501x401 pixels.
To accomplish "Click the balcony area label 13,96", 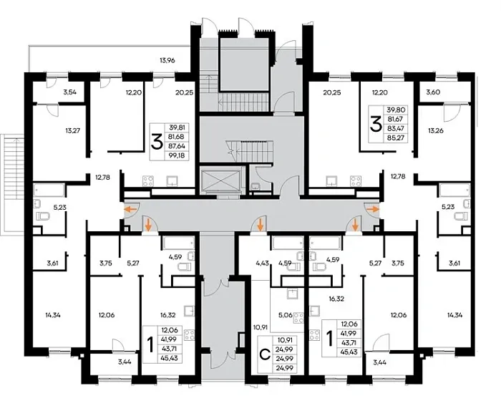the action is click(x=167, y=60).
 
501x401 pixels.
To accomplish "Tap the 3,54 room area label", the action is click(x=69, y=93).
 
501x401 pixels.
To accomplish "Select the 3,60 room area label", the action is click(x=433, y=92).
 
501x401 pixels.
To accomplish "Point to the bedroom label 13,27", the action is click(x=72, y=130).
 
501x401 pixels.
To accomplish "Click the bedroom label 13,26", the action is click(x=435, y=130).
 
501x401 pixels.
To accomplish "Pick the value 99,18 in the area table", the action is click(x=177, y=155).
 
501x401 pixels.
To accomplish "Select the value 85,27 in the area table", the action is click(x=396, y=138).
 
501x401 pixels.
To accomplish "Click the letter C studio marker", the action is click(x=265, y=354).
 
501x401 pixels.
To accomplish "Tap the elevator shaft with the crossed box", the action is click(x=220, y=180).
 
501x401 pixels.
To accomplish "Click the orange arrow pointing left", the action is click(x=130, y=210).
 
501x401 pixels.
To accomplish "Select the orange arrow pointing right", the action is click(x=373, y=209).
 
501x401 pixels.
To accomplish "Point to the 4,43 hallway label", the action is click(x=263, y=264).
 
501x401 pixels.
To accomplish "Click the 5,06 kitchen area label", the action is click(x=286, y=315).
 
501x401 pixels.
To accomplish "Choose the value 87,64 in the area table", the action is click(x=177, y=146).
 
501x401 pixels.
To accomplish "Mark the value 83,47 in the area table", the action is click(x=396, y=129).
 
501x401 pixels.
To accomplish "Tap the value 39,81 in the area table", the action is click(x=177, y=127).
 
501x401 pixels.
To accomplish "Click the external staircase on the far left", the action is click(x=12, y=185).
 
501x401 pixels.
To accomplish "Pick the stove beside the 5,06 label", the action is click(x=298, y=318).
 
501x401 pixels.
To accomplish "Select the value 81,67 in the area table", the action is click(x=396, y=119).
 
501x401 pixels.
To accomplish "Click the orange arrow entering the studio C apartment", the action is click(x=261, y=224).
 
